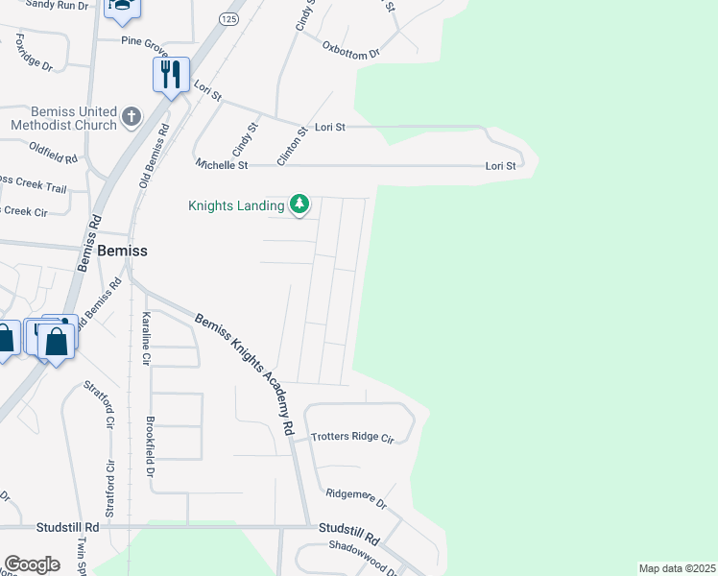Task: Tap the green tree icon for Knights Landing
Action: coord(300,204)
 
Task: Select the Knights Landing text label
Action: coord(236,205)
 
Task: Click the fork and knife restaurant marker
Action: coord(171,75)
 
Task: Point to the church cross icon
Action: coord(132,118)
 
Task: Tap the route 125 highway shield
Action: coord(227,18)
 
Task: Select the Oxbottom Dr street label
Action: coord(351,51)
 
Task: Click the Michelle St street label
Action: coord(222,165)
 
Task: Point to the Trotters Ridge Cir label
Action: coord(352,438)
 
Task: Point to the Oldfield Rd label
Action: coord(53,151)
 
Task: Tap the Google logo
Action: coord(32,564)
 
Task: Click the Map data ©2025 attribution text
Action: coord(677,568)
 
